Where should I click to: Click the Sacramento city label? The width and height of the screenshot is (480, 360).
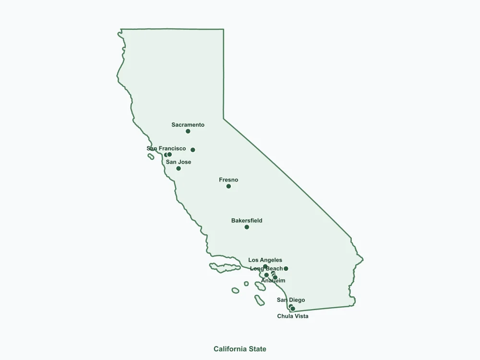point(188,125)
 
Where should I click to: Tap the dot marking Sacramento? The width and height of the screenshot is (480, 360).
point(188,131)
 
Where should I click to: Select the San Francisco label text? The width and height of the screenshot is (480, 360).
point(166,149)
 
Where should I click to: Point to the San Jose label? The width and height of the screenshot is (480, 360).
point(179,162)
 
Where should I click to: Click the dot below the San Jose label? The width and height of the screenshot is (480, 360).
point(179,168)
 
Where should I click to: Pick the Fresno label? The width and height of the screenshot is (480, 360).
point(228,180)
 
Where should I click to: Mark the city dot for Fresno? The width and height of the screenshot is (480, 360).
point(228,186)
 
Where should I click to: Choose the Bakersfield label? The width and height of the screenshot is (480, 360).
point(247,221)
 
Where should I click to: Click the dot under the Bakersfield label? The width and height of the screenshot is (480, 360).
point(247,227)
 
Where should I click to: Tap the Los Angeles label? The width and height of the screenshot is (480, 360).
point(265,260)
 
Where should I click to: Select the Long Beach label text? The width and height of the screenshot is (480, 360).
point(266,269)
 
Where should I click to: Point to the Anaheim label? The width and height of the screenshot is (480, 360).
point(273,281)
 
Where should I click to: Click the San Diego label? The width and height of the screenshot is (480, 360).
point(291,300)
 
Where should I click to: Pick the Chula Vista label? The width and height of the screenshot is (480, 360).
point(293,316)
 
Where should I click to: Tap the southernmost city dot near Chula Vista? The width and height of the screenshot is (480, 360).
point(293,309)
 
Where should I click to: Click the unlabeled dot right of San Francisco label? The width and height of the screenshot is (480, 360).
point(192,150)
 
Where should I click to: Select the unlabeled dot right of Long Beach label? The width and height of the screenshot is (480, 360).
point(286,269)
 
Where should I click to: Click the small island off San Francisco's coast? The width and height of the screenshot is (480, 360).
point(151,156)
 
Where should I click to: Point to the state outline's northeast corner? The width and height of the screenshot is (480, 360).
point(223,30)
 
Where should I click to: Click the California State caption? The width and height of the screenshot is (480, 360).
point(240,349)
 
